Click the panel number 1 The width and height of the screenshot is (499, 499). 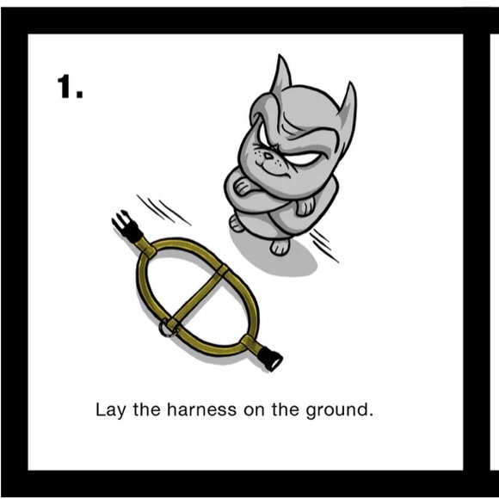pos(70,87)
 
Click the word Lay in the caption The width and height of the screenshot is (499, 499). pos(110,410)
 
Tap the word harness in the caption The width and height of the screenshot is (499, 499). pos(202,410)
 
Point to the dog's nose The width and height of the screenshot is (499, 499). pos(268,156)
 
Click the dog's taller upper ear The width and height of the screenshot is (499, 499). pos(280,74)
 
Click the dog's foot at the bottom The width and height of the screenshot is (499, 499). pos(280,247)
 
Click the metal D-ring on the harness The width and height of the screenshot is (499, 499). pos(167,329)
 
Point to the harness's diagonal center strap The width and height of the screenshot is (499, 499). pos(198,294)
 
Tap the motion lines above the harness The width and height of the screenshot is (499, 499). pos(163,209)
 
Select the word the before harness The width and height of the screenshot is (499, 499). pos(146,410)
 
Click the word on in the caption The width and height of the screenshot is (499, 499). pos(255,411)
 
